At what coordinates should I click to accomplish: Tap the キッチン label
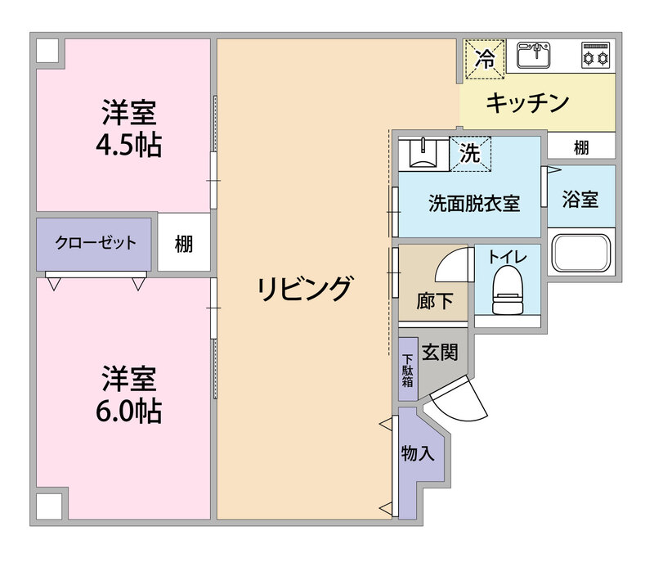[527, 103]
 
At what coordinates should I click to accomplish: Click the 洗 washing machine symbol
[471, 153]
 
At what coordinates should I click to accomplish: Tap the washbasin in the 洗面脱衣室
[423, 153]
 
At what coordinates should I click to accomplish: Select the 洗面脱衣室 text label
[474, 204]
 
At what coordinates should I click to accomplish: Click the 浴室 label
[580, 200]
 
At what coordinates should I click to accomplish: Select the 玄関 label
[438, 353]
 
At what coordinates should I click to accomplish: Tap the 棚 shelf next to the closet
[184, 243]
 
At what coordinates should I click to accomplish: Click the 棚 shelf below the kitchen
[581, 147]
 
